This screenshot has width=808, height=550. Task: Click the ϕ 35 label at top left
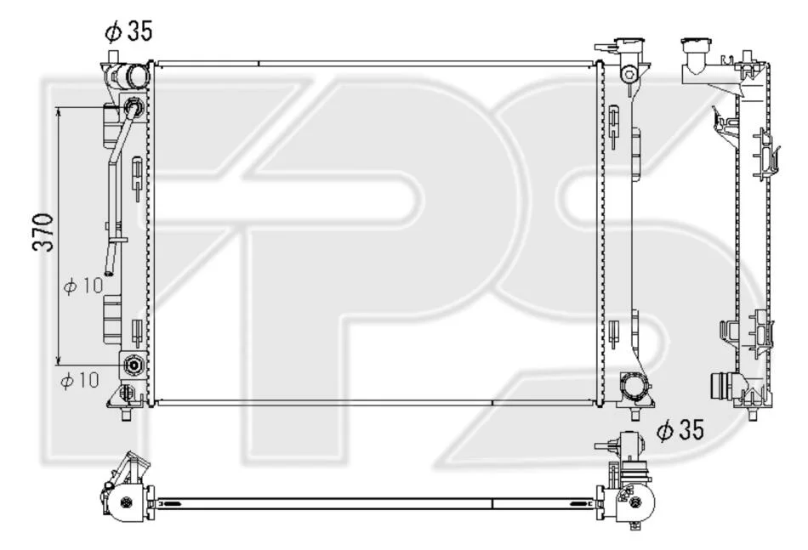128,31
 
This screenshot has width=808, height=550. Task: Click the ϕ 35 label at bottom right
680,430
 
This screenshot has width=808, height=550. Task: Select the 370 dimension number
43,232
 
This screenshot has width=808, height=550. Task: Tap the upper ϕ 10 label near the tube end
83,286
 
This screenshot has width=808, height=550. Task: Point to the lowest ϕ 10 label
80,380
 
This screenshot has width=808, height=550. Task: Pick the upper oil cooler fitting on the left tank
134,107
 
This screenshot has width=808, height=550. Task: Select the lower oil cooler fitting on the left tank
134,366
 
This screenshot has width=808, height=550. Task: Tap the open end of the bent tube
109,269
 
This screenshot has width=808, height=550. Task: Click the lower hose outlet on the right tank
634,386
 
